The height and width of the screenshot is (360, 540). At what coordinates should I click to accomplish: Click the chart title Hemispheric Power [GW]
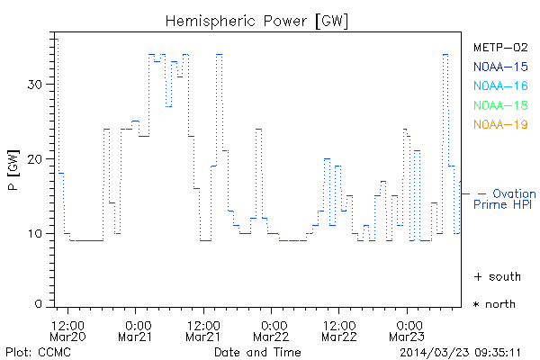257,21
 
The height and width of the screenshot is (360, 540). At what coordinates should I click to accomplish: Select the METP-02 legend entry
499,48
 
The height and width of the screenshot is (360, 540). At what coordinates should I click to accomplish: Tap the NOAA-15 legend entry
499,67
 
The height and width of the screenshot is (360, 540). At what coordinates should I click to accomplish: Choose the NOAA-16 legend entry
499,86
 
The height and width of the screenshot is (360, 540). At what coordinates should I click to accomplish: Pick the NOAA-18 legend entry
499,105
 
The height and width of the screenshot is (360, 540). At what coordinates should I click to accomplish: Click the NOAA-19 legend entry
499,124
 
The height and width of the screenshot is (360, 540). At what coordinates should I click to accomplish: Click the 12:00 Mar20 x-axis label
69,330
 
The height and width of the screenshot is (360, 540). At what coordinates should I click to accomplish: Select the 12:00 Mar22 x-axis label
339,330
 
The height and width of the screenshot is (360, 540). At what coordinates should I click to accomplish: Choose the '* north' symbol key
494,304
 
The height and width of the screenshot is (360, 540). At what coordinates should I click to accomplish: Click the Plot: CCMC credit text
33,351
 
